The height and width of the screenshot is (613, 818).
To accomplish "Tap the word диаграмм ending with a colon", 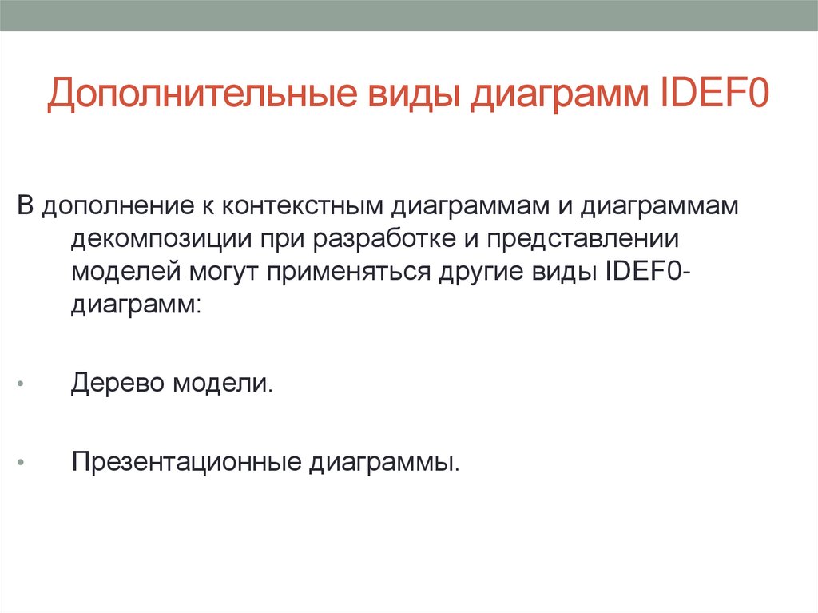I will coord(135,305).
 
